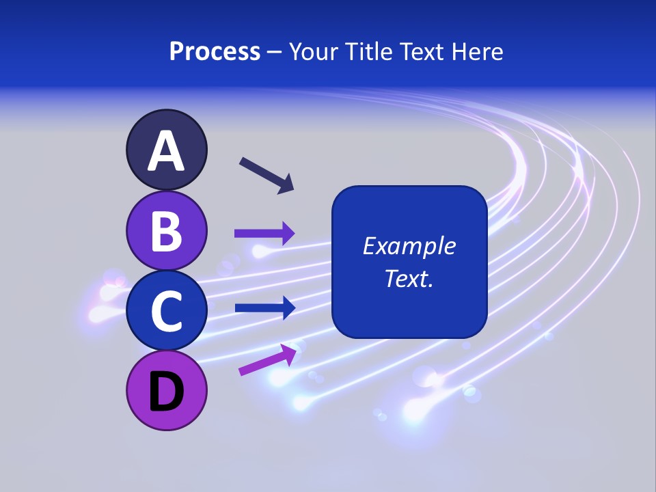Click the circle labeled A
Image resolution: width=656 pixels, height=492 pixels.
(x=166, y=150)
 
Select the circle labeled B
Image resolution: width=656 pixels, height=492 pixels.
(x=166, y=230)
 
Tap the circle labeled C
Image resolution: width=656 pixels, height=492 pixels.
(x=166, y=310)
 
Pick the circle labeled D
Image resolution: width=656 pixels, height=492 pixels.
(x=166, y=390)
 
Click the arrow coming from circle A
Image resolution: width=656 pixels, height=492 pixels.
(x=266, y=175)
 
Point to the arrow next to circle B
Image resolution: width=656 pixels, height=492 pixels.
(x=264, y=233)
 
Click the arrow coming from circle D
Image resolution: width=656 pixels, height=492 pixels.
(x=266, y=360)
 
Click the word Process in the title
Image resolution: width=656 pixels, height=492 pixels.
(x=215, y=52)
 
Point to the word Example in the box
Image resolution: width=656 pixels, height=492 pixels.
(x=409, y=246)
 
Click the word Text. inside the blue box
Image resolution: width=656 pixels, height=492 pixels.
(x=409, y=279)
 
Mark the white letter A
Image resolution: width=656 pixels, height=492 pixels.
(x=166, y=151)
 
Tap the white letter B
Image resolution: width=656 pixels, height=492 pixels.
(x=166, y=231)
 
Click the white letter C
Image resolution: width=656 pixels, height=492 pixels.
(x=166, y=311)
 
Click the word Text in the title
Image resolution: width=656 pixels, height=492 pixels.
(x=422, y=52)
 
